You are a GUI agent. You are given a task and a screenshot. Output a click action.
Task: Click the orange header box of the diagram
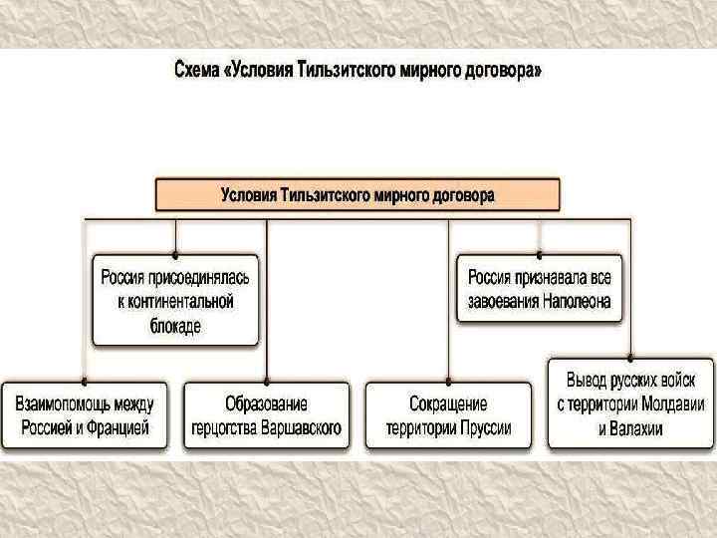[x=358, y=194]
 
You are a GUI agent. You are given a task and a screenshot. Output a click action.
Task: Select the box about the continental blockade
[x=176, y=299]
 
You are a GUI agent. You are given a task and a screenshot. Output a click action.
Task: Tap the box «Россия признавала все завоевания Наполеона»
[x=540, y=289]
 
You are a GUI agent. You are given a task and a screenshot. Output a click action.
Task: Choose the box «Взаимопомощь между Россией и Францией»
[x=85, y=415]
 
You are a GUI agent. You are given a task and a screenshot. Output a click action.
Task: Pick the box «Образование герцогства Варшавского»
[x=266, y=415]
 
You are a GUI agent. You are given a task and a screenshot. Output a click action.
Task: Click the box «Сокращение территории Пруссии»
[x=447, y=415]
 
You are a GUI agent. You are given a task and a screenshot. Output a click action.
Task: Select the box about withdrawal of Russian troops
[x=629, y=404]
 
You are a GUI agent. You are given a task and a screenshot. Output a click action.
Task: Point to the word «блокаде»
[x=176, y=325]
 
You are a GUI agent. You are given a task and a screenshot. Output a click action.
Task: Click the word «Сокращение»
[x=447, y=403]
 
